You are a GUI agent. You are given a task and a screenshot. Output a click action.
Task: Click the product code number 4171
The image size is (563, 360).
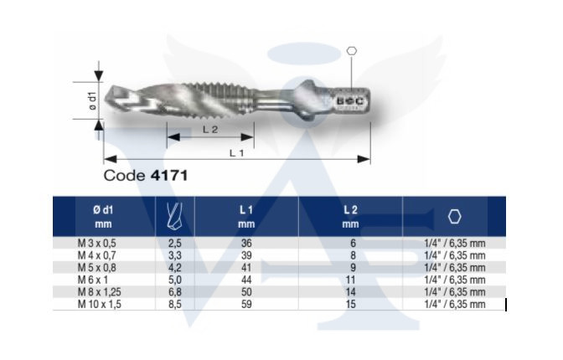point(169,176)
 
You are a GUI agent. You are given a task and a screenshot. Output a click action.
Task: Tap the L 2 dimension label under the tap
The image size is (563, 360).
point(210,130)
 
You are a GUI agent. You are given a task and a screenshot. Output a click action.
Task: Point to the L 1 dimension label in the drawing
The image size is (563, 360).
point(236,153)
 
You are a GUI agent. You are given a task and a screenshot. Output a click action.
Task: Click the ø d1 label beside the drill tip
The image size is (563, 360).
point(93,100)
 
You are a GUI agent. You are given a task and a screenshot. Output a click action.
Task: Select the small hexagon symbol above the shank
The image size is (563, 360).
point(352,51)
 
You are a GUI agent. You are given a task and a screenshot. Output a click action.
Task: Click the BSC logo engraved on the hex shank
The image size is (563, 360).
point(349,101)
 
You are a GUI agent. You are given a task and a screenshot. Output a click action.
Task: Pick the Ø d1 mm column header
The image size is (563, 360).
point(103,217)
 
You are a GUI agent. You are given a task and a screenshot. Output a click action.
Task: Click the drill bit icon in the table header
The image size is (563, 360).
point(174,216)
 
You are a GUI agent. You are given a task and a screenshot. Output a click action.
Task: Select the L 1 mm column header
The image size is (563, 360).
point(246,217)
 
